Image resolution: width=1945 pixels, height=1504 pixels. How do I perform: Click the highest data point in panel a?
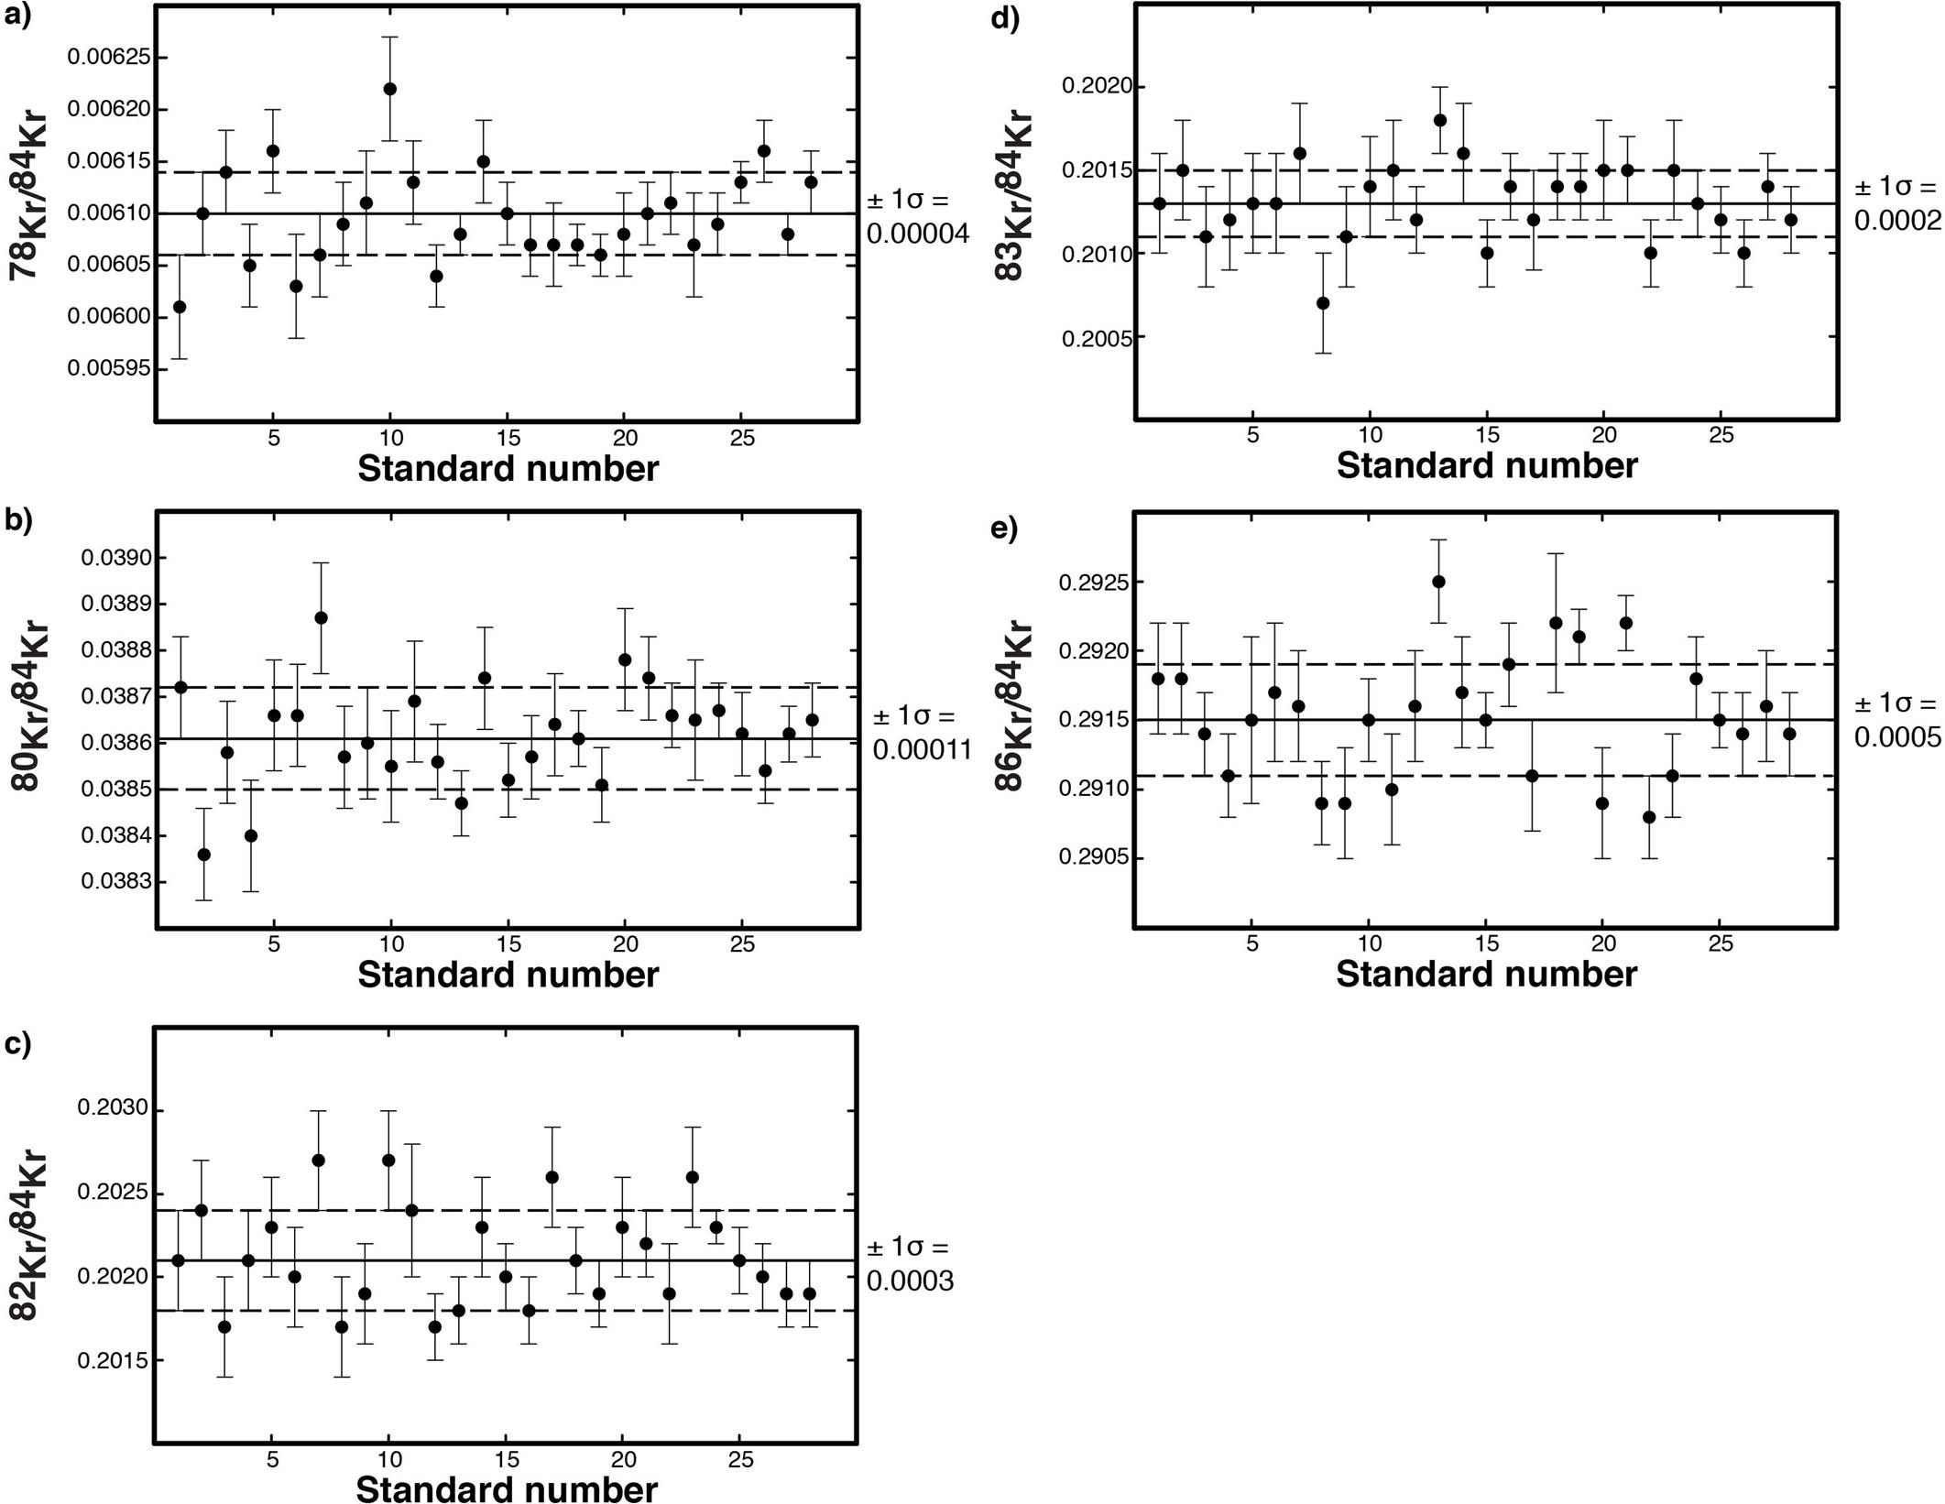click(x=389, y=89)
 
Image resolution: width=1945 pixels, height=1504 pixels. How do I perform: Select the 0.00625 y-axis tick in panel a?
click(x=108, y=58)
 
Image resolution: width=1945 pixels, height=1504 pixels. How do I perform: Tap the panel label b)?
click(x=18, y=519)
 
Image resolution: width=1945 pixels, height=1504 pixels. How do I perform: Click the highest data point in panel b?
click(x=321, y=617)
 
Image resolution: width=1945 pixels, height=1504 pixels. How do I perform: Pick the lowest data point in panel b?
click(x=204, y=855)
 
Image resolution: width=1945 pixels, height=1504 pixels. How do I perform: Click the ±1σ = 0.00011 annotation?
click(x=921, y=733)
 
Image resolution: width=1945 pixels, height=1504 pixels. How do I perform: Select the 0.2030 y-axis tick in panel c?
click(x=112, y=1108)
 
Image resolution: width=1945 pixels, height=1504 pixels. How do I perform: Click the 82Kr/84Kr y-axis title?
click(x=27, y=1234)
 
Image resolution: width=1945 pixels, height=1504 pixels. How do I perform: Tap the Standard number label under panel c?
click(x=507, y=1489)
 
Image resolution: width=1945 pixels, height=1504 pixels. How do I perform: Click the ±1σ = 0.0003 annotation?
click(x=910, y=1264)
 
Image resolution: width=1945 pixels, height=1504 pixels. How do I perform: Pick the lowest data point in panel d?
click(x=1322, y=303)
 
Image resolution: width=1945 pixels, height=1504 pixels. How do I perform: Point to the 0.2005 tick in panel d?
click(x=1097, y=339)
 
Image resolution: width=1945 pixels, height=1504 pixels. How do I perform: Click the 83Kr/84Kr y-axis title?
click(x=1013, y=195)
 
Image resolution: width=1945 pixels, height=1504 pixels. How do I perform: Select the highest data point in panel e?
click(x=1438, y=582)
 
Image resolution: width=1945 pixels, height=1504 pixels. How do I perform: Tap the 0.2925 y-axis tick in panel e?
click(x=1094, y=582)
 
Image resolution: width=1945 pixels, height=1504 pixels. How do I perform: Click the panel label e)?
click(x=1004, y=529)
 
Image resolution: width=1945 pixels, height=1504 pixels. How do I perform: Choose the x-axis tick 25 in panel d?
click(x=1721, y=435)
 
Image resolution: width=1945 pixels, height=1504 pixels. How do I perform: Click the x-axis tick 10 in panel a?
click(x=391, y=438)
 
